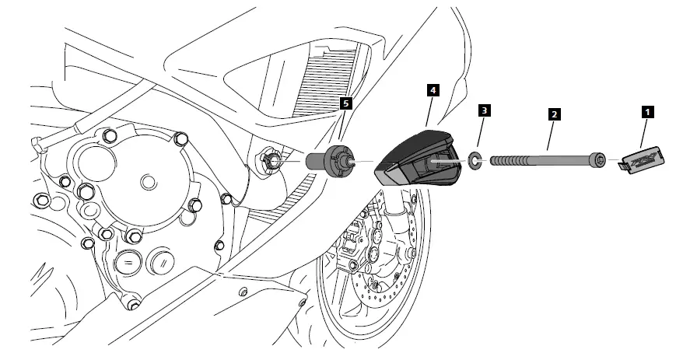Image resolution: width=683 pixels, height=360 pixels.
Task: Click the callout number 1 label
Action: click(646, 112)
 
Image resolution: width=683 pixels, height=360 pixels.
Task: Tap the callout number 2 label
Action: click(553, 114)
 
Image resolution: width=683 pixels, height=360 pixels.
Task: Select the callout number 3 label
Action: click(484, 111)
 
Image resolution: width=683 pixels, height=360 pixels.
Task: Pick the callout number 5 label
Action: click(348, 102)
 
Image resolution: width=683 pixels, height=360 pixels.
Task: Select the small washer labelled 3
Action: click(473, 163)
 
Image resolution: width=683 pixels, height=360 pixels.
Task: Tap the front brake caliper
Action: click(354, 241)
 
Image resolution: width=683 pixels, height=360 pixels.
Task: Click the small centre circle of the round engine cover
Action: click(145, 182)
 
